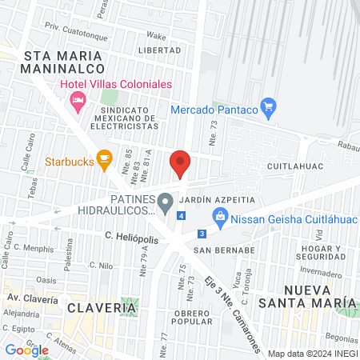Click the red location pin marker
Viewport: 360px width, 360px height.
tap(180, 163)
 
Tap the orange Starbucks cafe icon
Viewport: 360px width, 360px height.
tap(103, 160)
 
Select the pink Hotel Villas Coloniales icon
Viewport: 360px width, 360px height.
tap(78, 100)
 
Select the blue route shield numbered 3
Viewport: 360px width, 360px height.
tap(202, 234)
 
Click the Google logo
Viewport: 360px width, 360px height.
tap(26, 350)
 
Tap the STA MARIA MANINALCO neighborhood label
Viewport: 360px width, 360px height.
tap(63, 62)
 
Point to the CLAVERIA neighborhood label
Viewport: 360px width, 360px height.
tap(98, 307)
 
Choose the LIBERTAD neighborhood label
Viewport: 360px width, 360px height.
tap(160, 50)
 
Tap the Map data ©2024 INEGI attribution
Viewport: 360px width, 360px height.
tap(311, 353)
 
